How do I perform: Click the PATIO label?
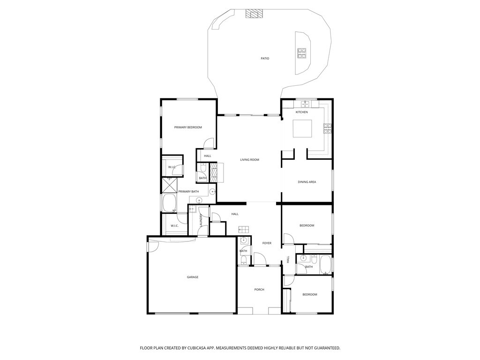265,58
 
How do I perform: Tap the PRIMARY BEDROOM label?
188,127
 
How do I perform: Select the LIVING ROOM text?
249,160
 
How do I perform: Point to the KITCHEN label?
301,112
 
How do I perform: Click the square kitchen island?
302,128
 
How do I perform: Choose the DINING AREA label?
307,182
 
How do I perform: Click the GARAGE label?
193,277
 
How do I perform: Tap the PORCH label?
259,290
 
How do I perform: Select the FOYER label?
267,243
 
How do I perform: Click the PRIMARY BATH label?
188,192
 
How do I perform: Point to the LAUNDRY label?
201,220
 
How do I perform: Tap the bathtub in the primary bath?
169,203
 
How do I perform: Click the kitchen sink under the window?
305,105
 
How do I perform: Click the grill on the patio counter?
302,53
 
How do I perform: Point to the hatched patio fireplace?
254,13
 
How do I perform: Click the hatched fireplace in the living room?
213,172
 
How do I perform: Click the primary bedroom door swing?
208,143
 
